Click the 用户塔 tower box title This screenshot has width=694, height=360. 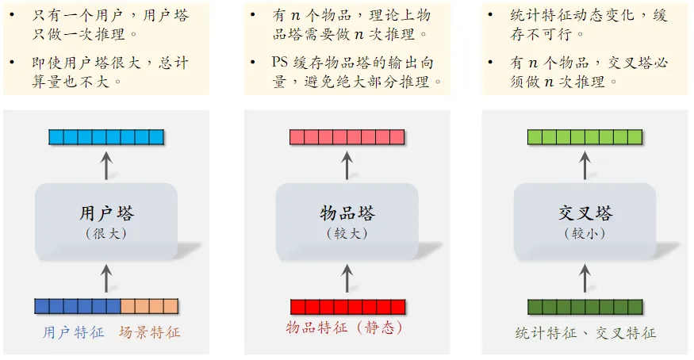click(x=107, y=213)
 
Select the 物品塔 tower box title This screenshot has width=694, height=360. click(x=347, y=213)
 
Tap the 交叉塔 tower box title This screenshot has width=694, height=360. click(x=585, y=213)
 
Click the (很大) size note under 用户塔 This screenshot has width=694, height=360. click(x=107, y=234)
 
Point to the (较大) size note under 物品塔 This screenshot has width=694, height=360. click(x=347, y=234)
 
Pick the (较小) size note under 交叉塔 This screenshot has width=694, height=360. click(x=585, y=234)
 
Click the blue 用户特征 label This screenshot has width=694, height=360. click(x=74, y=332)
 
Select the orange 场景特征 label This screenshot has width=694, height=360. click(x=150, y=332)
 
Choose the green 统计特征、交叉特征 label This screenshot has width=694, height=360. click(x=586, y=333)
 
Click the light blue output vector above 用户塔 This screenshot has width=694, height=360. click(x=106, y=137)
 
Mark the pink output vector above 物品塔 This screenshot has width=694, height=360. click(x=347, y=137)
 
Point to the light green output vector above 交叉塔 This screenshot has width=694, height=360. click(x=585, y=137)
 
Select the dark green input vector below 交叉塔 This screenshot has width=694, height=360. click(x=585, y=307)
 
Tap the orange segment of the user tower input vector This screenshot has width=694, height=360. click(x=149, y=306)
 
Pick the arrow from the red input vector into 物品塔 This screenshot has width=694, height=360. click(x=347, y=278)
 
